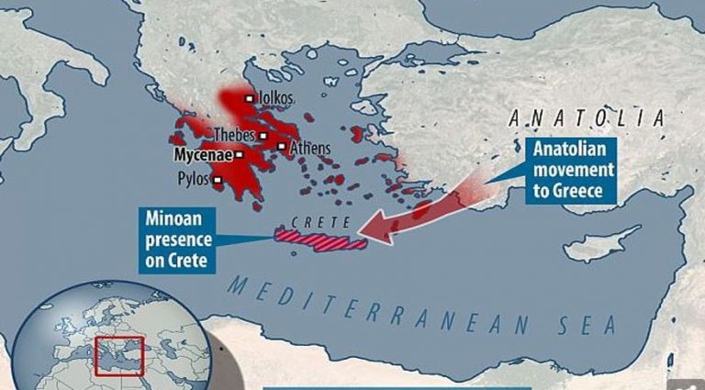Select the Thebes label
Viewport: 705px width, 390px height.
tap(235, 135)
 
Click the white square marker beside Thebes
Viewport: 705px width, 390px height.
tap(263, 137)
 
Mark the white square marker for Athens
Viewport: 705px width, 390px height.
tap(281, 146)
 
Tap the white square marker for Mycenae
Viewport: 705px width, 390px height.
tap(239, 155)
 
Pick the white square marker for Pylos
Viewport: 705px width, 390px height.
tap(218, 180)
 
